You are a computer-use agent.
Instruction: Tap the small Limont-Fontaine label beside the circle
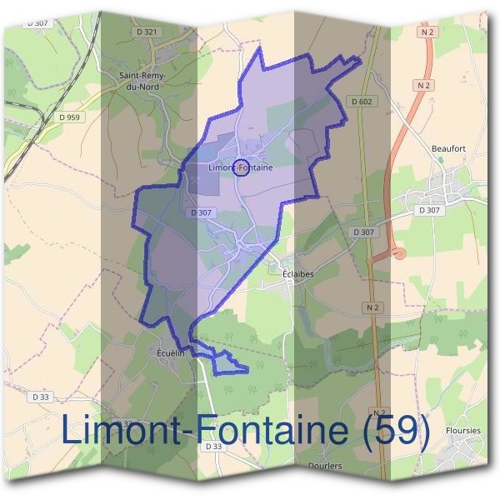click(241, 168)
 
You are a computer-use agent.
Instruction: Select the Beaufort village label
click(447, 149)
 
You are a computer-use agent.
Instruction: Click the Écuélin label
click(169, 352)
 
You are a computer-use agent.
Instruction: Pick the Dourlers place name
click(325, 466)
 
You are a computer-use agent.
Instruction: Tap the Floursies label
click(463, 431)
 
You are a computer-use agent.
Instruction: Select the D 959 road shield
click(69, 117)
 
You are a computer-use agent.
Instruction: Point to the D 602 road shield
click(361, 102)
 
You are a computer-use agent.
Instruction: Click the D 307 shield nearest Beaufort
click(428, 211)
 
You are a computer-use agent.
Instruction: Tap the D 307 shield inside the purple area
click(202, 212)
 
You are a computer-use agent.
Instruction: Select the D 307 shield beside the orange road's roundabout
click(363, 232)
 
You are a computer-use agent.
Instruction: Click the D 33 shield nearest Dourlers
click(213, 447)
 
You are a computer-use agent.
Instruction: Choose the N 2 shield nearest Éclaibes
click(372, 308)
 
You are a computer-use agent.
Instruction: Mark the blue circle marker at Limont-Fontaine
click(240, 167)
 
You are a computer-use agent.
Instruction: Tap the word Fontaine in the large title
click(276, 432)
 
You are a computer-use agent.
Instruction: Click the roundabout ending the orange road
click(398, 252)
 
